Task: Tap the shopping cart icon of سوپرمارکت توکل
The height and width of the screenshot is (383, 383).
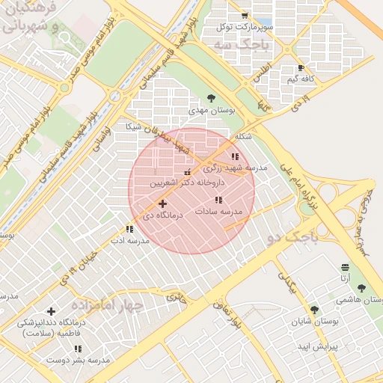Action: (245, 16)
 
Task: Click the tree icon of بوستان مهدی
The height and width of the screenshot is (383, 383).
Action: (212, 98)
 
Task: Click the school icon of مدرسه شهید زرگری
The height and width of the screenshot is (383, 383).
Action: (235, 156)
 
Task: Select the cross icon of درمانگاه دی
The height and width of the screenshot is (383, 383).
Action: (162, 203)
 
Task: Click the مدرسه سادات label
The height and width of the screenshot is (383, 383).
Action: (219, 212)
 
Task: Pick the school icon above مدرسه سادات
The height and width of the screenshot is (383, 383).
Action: (218, 200)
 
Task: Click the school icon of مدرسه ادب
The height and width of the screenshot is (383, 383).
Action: (129, 230)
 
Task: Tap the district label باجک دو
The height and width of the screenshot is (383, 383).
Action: (292, 238)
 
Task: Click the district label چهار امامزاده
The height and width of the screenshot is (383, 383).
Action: (107, 305)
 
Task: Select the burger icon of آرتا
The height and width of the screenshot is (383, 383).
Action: (344, 267)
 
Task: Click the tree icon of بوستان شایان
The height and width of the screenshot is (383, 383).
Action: (313, 309)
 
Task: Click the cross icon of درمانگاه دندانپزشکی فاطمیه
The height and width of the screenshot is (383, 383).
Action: (51, 311)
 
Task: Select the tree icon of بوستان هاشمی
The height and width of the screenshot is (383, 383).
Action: (361, 288)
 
